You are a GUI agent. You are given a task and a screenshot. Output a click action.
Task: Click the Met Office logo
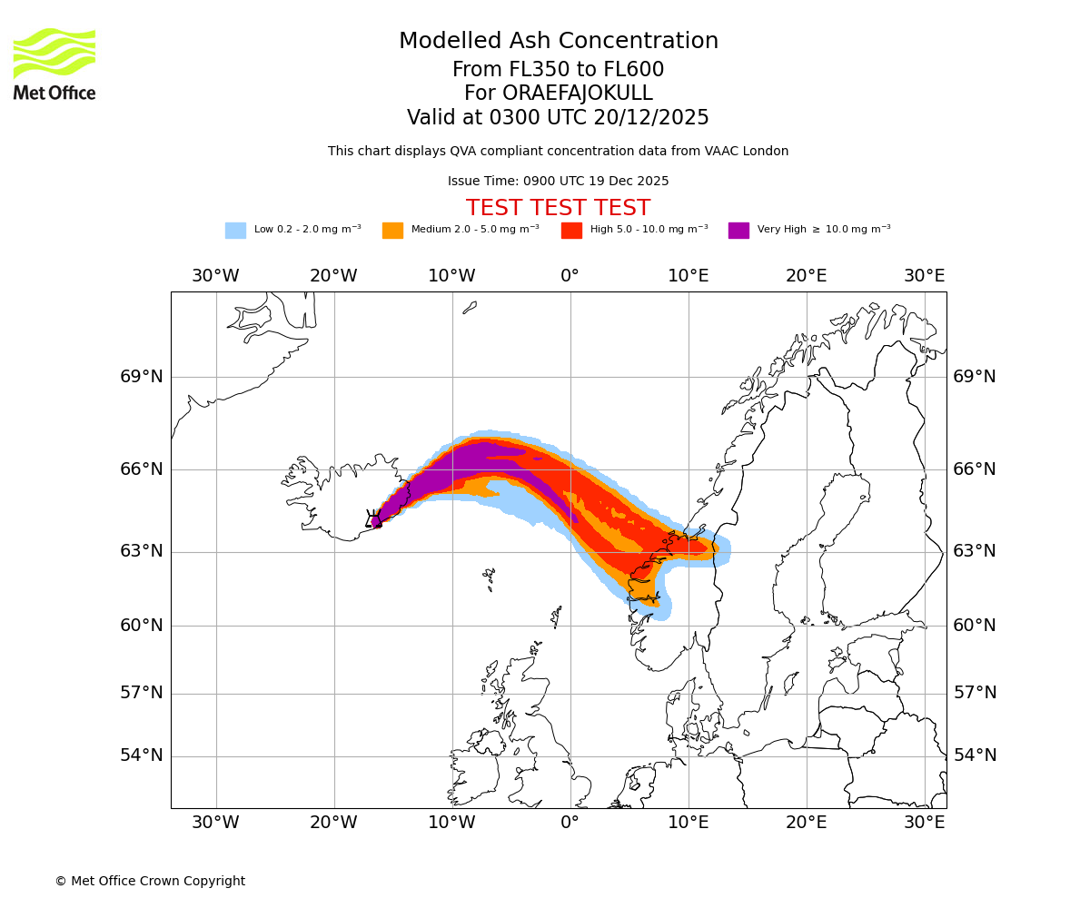[54, 64]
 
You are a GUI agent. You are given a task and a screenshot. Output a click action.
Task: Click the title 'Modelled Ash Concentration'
[558, 41]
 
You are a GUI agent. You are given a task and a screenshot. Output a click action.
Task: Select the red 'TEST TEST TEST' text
[558, 208]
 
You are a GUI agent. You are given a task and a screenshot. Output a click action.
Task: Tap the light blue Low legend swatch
[235, 230]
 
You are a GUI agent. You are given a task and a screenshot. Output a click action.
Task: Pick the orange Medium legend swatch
[392, 230]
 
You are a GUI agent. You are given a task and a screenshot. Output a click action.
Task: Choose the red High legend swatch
[571, 230]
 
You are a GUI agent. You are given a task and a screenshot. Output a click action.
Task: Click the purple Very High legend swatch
[738, 230]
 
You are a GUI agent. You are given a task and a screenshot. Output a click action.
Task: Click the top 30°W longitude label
[215, 276]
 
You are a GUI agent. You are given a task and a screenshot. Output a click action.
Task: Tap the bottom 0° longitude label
[570, 823]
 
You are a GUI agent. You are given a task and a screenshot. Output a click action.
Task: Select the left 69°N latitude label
[142, 377]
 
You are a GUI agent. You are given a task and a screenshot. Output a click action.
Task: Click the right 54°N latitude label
[975, 755]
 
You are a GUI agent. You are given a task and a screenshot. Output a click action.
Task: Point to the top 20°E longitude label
[806, 276]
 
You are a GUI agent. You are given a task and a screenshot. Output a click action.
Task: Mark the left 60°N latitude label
[142, 626]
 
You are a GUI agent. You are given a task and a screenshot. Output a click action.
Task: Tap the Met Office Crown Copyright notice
[150, 881]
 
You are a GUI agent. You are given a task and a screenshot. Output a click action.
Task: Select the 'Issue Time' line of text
[558, 181]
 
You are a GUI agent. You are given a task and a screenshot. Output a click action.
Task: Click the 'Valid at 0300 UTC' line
[558, 117]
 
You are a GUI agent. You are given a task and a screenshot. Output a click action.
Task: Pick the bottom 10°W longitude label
[451, 823]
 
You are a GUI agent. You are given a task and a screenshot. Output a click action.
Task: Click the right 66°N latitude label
[975, 469]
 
